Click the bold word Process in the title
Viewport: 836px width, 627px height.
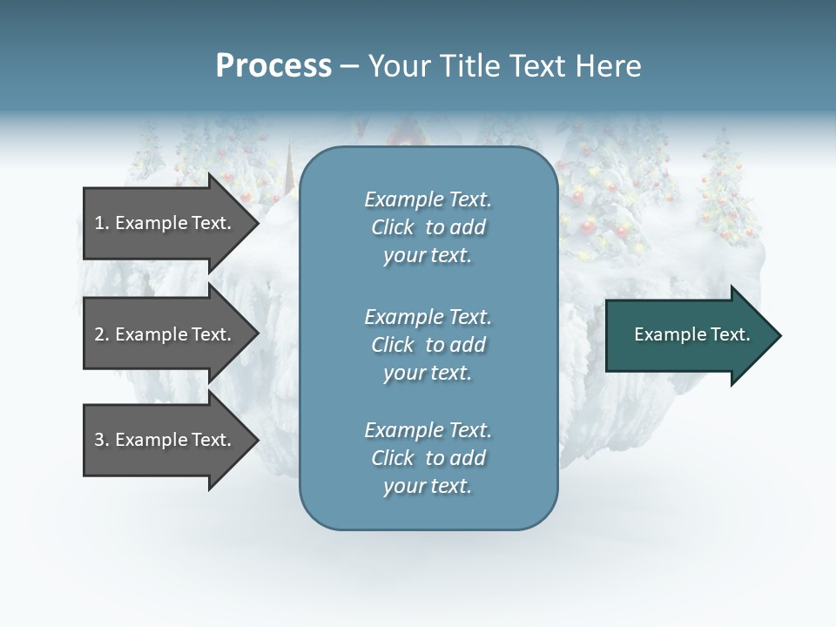point(273,66)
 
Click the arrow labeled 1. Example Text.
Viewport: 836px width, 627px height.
point(165,223)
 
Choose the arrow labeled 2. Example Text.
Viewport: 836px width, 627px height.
point(165,334)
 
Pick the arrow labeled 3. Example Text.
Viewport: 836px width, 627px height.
point(165,440)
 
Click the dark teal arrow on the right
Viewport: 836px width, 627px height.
point(688,335)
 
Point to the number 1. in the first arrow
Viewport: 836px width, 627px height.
point(102,223)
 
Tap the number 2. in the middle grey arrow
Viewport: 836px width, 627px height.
point(102,334)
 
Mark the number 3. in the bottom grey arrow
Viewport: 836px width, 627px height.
point(102,440)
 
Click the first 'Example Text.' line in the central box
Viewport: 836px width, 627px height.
point(428,199)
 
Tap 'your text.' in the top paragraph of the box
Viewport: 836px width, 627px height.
point(428,256)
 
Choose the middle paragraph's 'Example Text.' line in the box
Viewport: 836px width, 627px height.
point(428,316)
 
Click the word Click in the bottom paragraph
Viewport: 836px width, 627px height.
point(392,458)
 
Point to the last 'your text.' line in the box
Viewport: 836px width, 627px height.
point(428,487)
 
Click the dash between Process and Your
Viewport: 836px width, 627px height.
point(349,66)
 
